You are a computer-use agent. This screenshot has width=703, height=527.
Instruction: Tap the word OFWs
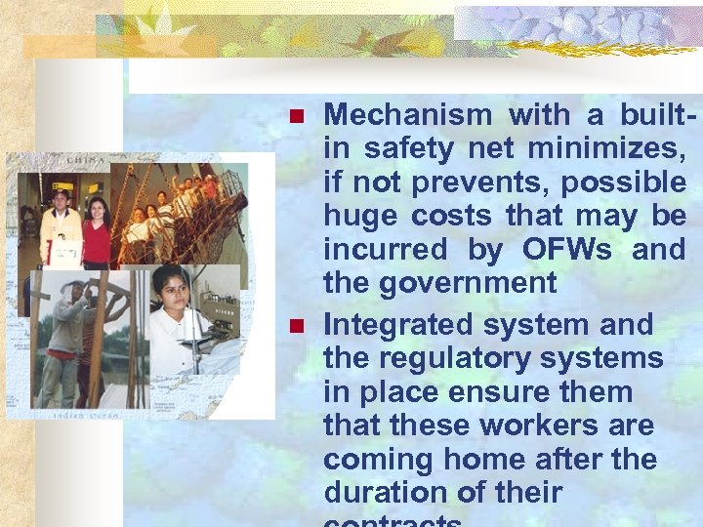[567, 250]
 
